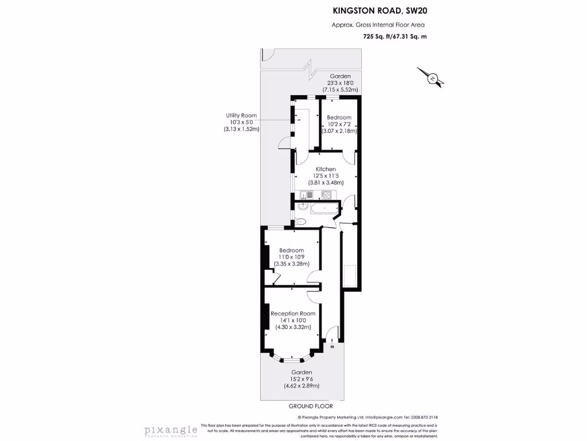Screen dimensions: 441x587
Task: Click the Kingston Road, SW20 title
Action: point(379,10)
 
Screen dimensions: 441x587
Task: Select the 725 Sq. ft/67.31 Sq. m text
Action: point(395,37)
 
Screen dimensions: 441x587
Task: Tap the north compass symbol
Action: point(432,78)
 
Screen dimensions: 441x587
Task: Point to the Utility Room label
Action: point(241,115)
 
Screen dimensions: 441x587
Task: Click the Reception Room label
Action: point(293,314)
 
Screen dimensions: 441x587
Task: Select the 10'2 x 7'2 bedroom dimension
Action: point(339,124)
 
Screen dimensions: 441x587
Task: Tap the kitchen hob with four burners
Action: point(327,195)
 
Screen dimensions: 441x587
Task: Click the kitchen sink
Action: point(304,195)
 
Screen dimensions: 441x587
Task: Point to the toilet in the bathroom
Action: point(301,221)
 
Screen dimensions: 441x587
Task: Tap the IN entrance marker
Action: point(332,347)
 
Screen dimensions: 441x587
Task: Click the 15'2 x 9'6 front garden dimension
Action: point(302,379)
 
